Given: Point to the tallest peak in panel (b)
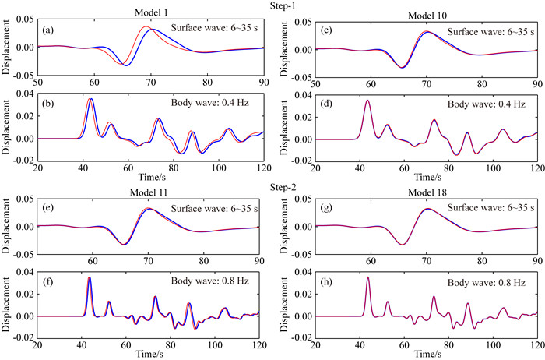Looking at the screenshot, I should [91, 99].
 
